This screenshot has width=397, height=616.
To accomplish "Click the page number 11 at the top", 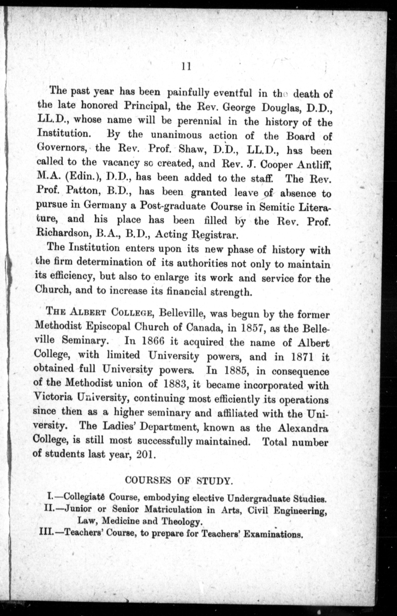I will coord(186,67).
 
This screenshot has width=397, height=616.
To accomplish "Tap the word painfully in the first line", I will coord(188,93).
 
